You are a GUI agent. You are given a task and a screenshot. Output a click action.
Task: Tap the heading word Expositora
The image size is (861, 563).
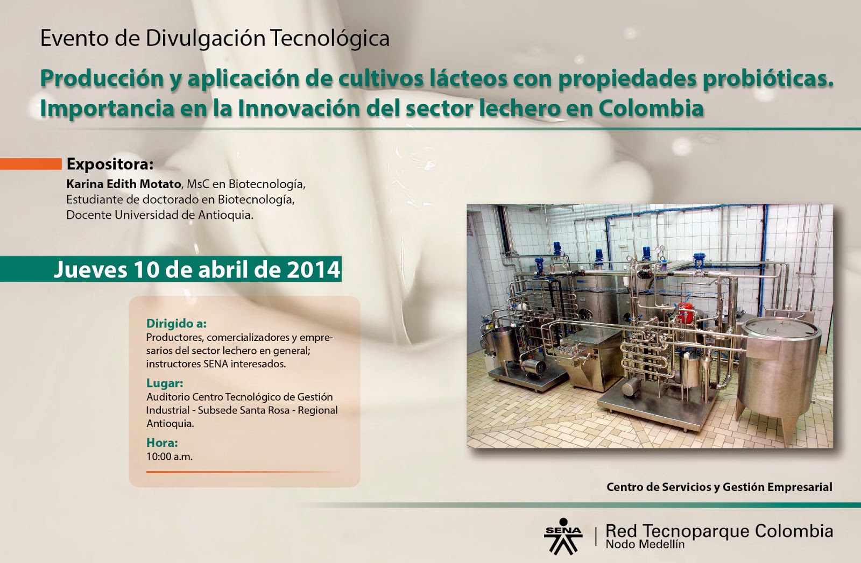(110, 164)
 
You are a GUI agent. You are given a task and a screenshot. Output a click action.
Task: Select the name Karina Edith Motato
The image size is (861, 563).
(123, 184)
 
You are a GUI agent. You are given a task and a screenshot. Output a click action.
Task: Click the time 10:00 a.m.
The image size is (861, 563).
(169, 457)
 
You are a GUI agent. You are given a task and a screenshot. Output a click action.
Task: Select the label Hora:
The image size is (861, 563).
(162, 443)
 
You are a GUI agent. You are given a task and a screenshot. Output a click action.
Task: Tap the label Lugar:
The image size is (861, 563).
(165, 383)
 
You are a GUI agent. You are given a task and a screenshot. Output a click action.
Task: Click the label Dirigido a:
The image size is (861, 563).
(177, 324)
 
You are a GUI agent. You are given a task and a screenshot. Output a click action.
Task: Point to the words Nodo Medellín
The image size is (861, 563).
(645, 544)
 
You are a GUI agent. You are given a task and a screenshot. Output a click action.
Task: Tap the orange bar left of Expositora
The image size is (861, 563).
(31, 164)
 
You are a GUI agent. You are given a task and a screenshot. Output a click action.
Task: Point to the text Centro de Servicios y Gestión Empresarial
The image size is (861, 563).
(719, 487)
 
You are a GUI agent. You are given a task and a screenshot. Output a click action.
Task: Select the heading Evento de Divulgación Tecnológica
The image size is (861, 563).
(215, 39)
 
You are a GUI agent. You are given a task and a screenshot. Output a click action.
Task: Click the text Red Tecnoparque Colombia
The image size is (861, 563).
(719, 531)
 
